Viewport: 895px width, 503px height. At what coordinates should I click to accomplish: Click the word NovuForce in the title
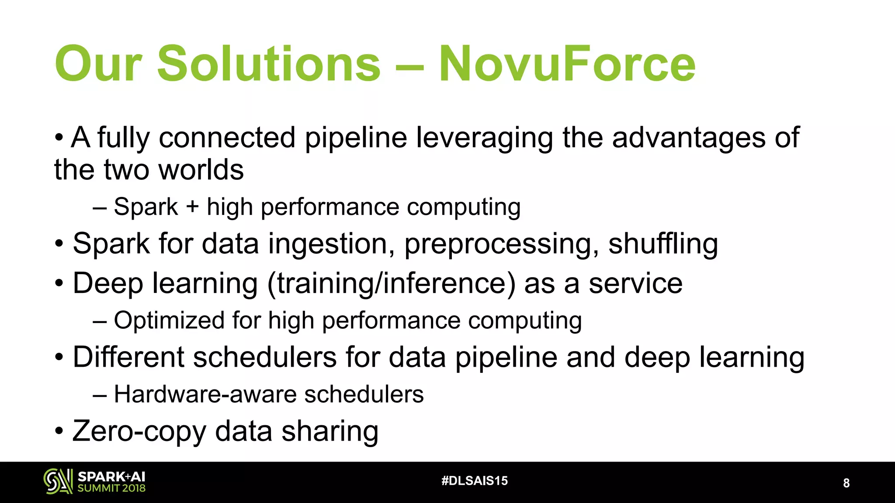[567, 64]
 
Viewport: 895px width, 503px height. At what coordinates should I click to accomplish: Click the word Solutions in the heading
[269, 64]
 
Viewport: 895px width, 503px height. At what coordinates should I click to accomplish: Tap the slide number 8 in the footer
[846, 483]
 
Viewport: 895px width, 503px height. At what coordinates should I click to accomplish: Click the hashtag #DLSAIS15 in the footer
[475, 481]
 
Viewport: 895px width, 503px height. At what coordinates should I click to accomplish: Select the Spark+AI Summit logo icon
[58, 481]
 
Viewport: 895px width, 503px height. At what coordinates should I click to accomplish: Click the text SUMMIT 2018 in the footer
[111, 488]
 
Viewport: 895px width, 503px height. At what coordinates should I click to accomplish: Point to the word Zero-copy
[139, 431]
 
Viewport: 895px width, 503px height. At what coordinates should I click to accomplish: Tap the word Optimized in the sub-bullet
[169, 320]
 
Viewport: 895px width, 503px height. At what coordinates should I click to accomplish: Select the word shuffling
[663, 244]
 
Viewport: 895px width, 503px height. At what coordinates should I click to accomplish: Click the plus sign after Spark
[192, 207]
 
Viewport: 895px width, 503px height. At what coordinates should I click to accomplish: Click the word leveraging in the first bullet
[484, 138]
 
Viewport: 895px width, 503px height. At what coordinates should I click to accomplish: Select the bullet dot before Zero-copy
[59, 432]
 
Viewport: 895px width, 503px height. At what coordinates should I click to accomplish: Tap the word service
[635, 284]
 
